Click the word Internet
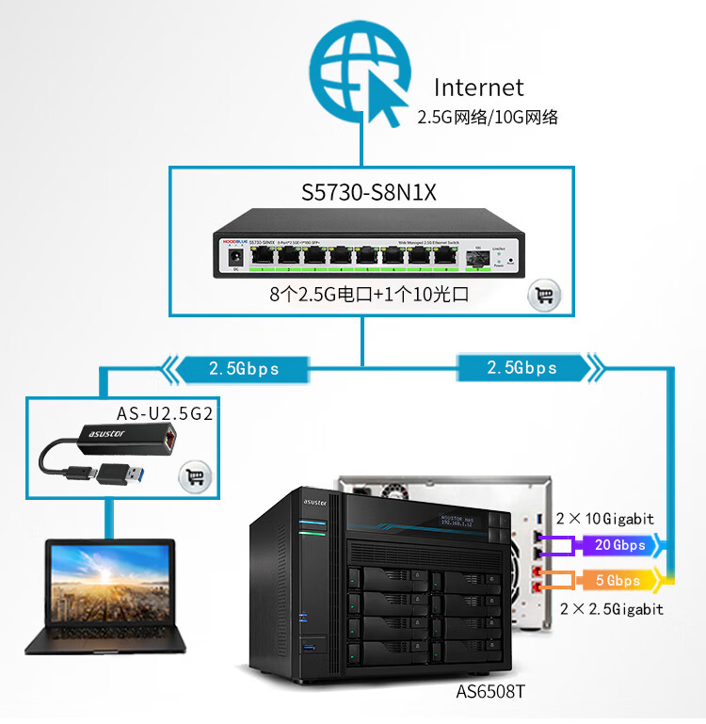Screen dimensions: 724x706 [x=478, y=88]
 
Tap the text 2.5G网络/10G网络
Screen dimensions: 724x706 [x=488, y=118]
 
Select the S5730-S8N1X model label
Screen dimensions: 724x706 [x=369, y=193]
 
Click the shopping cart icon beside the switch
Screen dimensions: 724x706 [x=542, y=296]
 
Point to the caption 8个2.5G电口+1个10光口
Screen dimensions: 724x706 [x=369, y=295]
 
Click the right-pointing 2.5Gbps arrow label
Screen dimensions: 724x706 [x=522, y=368]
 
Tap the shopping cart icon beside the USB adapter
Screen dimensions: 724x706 [x=195, y=476]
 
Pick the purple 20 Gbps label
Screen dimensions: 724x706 [x=620, y=545]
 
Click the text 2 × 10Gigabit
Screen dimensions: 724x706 [x=604, y=519]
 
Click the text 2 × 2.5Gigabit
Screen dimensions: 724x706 [x=611, y=609]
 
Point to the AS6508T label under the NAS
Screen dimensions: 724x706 [x=490, y=692]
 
